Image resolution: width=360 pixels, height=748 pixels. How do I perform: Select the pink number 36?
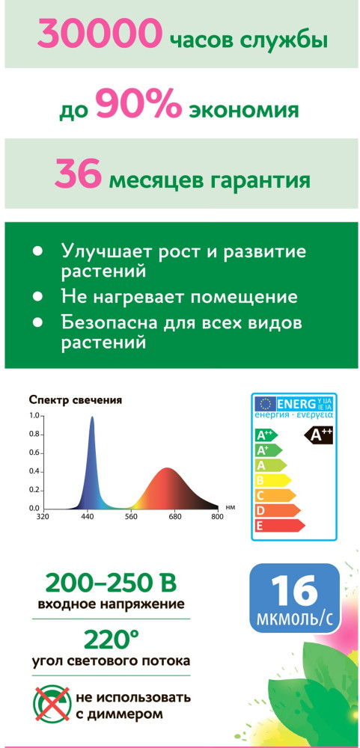78,174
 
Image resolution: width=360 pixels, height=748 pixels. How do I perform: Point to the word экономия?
244,111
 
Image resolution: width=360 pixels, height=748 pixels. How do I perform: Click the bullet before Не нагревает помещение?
37,297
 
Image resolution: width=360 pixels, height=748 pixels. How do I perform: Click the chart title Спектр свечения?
76,399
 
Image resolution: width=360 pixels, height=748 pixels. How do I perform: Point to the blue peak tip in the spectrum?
92,417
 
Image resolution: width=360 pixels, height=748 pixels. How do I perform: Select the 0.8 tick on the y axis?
34,434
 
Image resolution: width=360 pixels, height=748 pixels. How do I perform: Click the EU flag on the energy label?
266,404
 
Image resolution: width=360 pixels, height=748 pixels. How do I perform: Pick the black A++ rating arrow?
319,435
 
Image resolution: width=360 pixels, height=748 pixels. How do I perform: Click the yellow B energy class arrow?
273,479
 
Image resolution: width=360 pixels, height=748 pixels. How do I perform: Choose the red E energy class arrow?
280,525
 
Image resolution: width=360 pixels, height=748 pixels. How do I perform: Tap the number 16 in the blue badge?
295,591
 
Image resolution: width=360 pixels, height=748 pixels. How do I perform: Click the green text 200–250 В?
111,583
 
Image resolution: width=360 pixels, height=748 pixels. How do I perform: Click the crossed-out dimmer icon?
51,704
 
